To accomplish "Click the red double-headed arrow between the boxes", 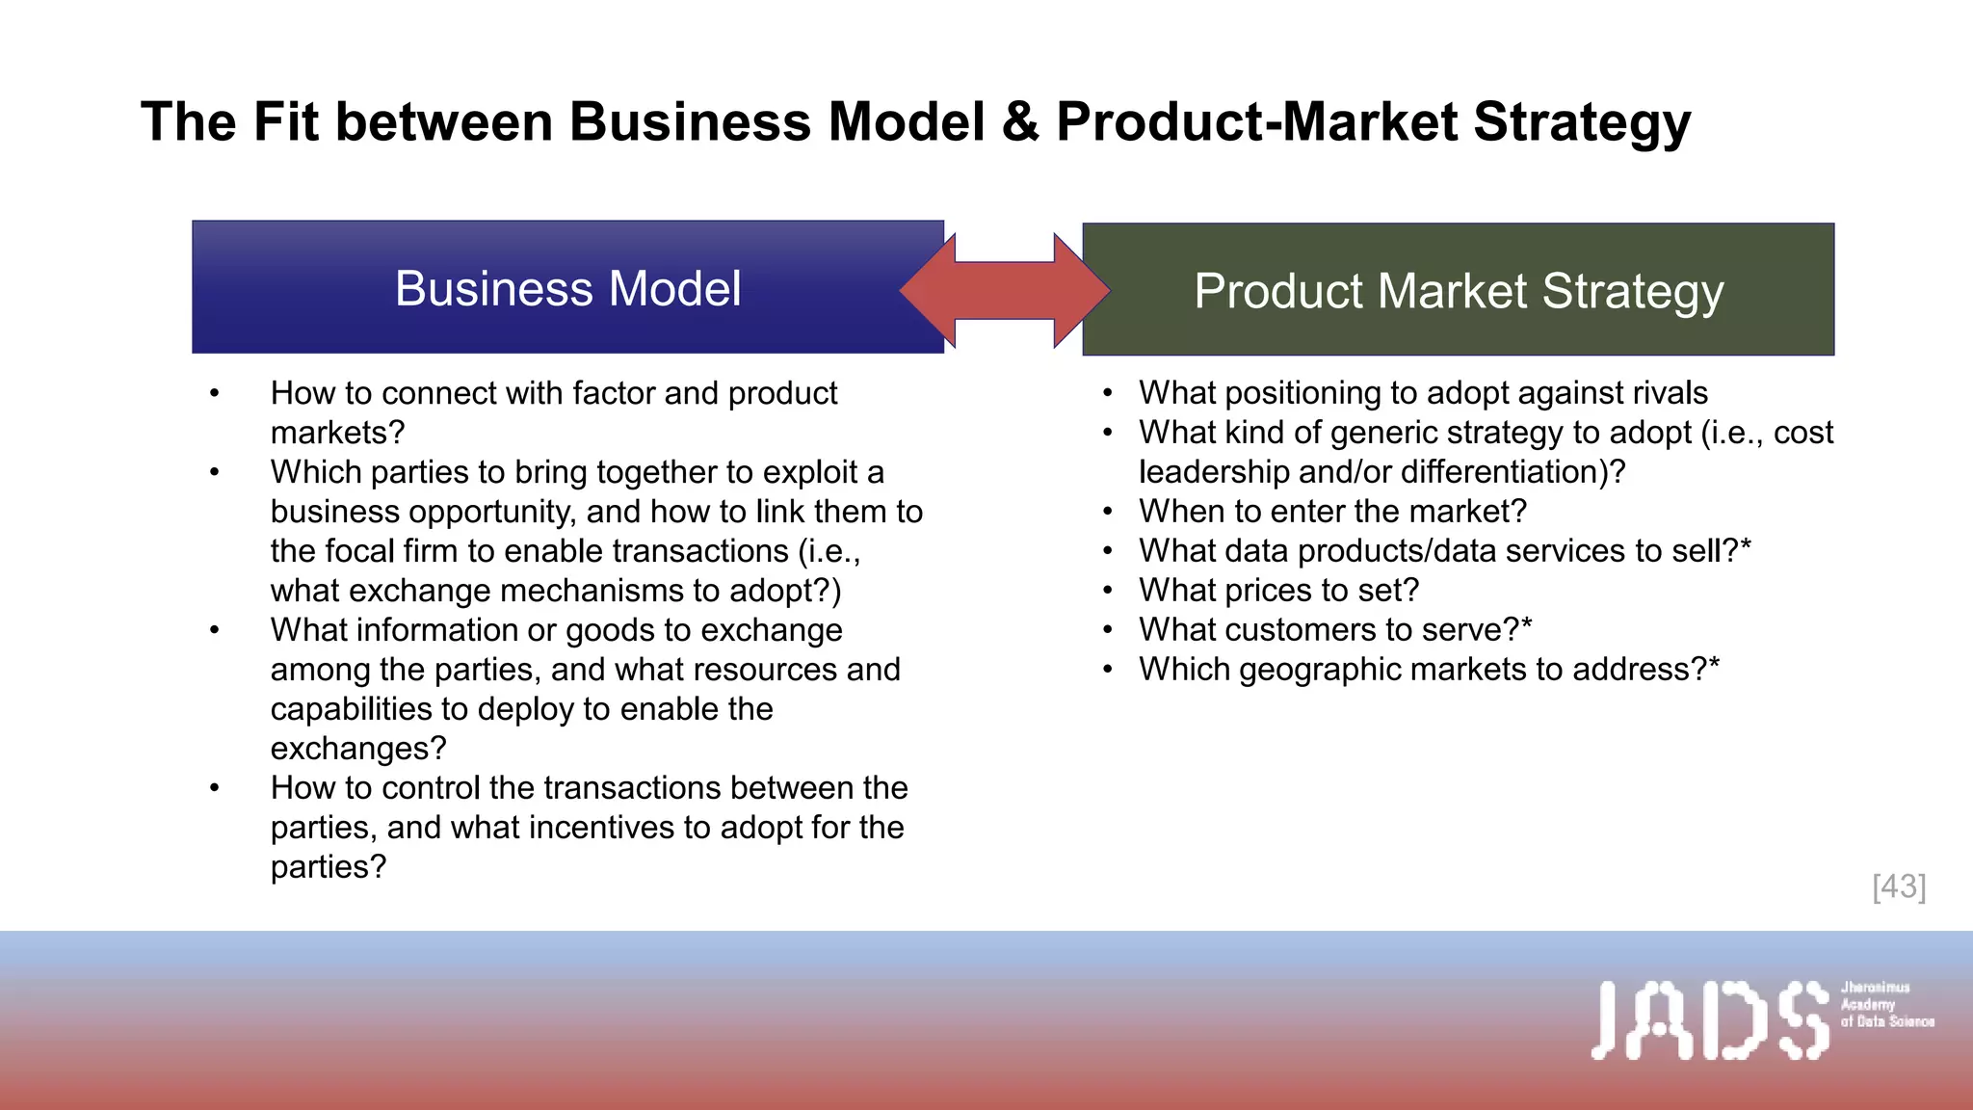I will pyautogui.click(x=1005, y=290).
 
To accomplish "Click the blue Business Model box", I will pyautogui.click(x=567, y=288).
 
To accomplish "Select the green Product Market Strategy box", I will pyautogui.click(x=1459, y=290).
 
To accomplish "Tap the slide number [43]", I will pyautogui.click(x=1899, y=886).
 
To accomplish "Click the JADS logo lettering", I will pyautogui.click(x=1709, y=1019).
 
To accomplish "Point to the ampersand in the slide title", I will pyautogui.click(x=1020, y=122).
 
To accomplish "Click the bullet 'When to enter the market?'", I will pyautogui.click(x=1332, y=512).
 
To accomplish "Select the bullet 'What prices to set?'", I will pyautogui.click(x=1278, y=591).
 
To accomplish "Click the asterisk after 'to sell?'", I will pyautogui.click(x=1746, y=547).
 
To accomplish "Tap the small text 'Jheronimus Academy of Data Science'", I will pyautogui.click(x=1886, y=1004).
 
